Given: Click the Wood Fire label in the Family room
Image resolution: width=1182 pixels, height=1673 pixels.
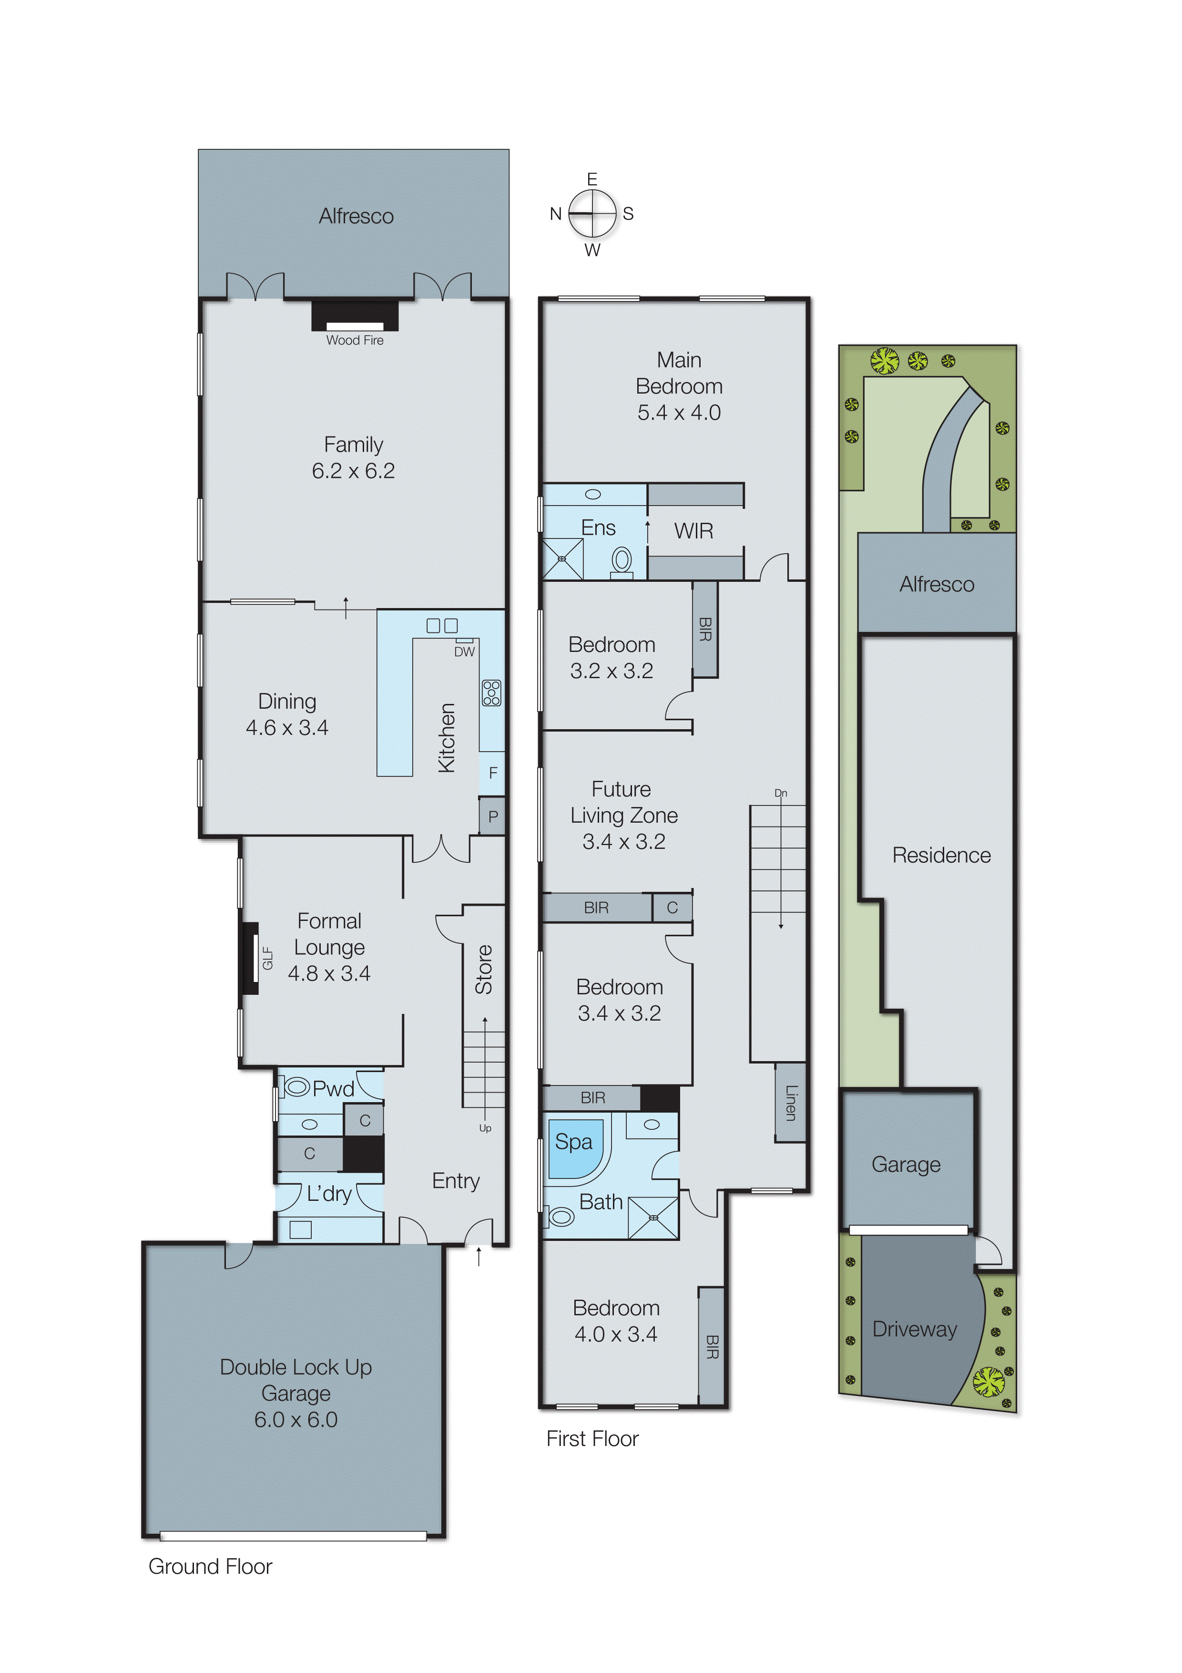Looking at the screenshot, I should coord(354,341).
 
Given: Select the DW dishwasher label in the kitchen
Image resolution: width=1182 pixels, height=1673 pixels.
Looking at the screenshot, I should coord(464,652).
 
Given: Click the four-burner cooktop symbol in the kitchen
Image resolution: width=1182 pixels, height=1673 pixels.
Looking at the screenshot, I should coord(491,693).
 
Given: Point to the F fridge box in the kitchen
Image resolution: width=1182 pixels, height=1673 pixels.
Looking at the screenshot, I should coord(493,773).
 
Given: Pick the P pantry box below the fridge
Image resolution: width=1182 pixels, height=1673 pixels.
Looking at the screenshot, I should coord(493,817).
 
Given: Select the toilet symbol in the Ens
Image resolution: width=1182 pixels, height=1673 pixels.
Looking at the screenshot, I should coord(621,561).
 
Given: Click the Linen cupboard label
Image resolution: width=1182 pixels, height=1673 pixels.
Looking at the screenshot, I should coord(791,1103).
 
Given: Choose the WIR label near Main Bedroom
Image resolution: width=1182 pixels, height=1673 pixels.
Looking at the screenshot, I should coord(693,531).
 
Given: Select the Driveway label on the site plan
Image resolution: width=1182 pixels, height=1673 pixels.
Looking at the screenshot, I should coord(914,1330).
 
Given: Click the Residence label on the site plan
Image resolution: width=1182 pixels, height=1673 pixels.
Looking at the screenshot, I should coord(941,856).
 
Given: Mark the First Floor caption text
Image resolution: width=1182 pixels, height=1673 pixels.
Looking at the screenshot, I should coord(592,1439).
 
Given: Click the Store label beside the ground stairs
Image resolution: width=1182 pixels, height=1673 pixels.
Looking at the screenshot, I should coord(484,970).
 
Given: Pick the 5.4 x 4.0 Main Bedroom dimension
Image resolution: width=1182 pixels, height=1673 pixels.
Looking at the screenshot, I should coord(679,413).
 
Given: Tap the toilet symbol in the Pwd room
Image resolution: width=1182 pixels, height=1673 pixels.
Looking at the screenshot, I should coord(297,1088).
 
